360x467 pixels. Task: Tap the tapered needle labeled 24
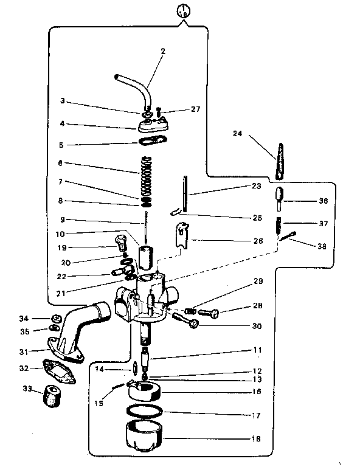pos(279,162)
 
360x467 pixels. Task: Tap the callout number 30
pos(255,326)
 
